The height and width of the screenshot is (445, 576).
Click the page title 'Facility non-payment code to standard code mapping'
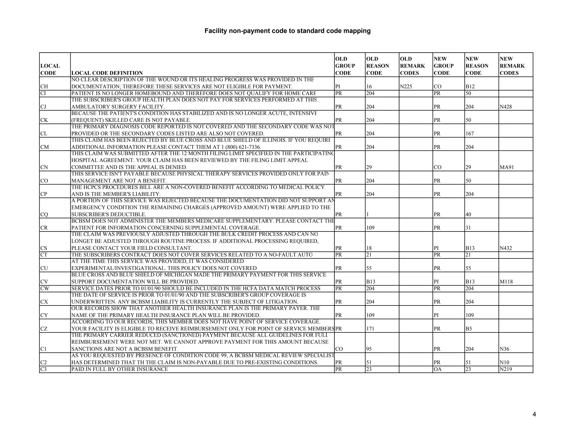287,31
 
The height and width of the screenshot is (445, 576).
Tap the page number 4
534,414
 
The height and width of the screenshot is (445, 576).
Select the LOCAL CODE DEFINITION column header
107,73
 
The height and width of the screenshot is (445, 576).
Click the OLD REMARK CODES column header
412,66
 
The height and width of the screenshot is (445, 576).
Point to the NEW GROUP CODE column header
444,66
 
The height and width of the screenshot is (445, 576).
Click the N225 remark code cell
406,87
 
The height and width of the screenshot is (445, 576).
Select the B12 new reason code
470,87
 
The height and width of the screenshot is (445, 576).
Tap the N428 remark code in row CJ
506,107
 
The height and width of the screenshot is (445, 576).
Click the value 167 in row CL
470,134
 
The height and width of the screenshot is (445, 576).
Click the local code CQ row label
44,214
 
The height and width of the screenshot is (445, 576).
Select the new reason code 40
468,214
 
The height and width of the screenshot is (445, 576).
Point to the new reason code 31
468,228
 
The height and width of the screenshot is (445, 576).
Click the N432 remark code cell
506,248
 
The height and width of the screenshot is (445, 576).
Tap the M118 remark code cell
506,282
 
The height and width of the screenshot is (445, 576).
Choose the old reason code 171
370,329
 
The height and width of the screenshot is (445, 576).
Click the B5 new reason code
469,329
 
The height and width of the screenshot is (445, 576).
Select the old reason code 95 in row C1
369,349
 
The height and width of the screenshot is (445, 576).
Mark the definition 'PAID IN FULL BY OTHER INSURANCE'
120,369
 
